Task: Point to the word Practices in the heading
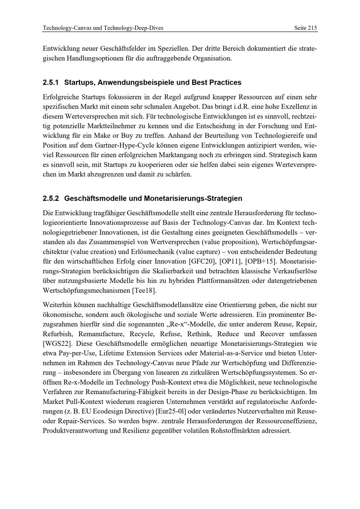226,82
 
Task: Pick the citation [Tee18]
144,290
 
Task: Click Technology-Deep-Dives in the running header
133,28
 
